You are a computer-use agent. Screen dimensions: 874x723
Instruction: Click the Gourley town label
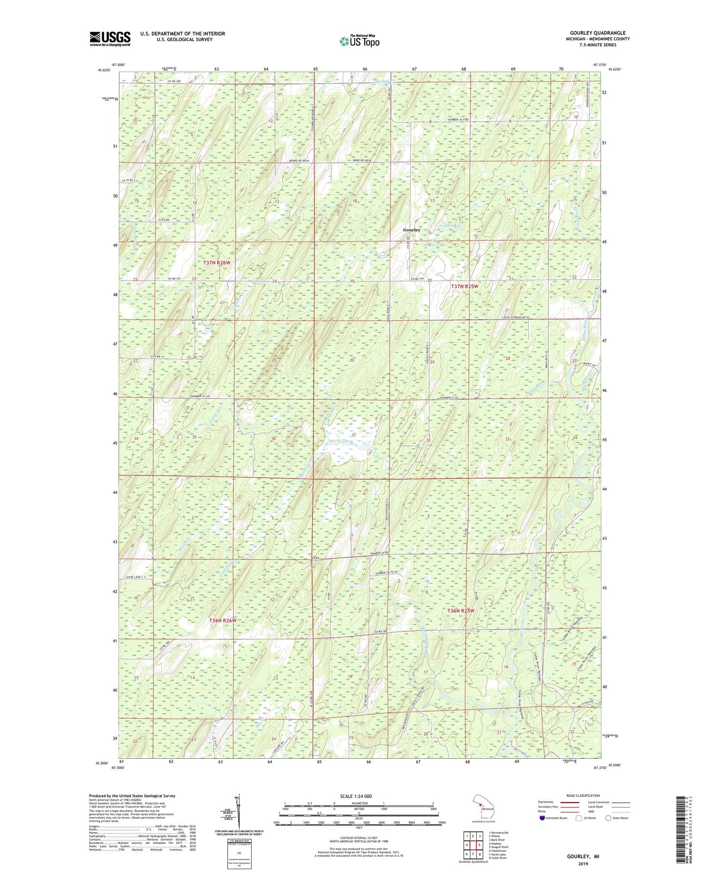pyautogui.click(x=412, y=230)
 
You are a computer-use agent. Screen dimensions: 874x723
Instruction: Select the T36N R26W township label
pyautogui.click(x=223, y=620)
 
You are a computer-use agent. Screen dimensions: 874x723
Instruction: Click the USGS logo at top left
pyautogui.click(x=110, y=39)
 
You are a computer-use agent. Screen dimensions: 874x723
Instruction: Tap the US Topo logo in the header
pyautogui.click(x=359, y=41)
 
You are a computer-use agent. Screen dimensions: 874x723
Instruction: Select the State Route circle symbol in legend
pyautogui.click(x=608, y=818)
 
